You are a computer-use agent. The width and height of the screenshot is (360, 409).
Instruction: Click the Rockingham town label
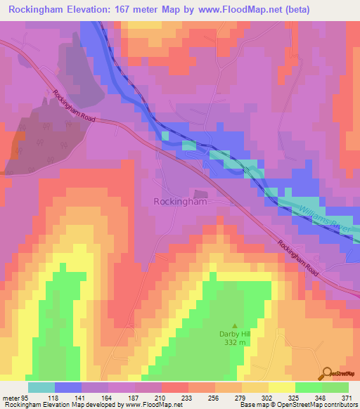pyautogui.click(x=180, y=202)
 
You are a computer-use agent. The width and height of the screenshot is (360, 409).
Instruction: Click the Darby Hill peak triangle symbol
pyautogui.click(x=235, y=316)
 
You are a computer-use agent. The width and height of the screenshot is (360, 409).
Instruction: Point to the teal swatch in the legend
pyautogui.click(x=41, y=387)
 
